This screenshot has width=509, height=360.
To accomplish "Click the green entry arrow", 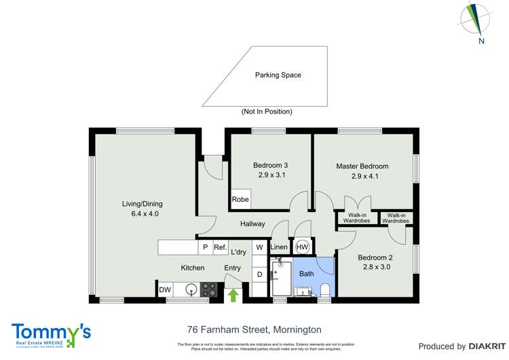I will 233,294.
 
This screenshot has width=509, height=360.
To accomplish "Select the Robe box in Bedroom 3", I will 240,199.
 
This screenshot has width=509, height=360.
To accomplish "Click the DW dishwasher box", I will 165,290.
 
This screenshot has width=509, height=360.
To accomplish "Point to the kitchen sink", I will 192,290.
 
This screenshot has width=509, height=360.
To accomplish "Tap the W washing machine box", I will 259,248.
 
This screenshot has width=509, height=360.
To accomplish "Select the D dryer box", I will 259,274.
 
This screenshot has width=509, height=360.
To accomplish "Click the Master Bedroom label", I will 362,166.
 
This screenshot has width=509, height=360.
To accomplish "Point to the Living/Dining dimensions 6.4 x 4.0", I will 143,214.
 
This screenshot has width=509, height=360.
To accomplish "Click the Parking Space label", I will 278,75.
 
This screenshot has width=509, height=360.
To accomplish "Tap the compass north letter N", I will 480,41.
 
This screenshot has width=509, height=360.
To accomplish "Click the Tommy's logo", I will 52,334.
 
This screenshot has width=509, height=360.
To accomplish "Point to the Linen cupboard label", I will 279,247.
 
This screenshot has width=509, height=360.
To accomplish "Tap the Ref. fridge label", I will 220,248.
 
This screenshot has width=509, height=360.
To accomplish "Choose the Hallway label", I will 252,223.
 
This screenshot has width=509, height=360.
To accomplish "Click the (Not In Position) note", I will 267,111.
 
